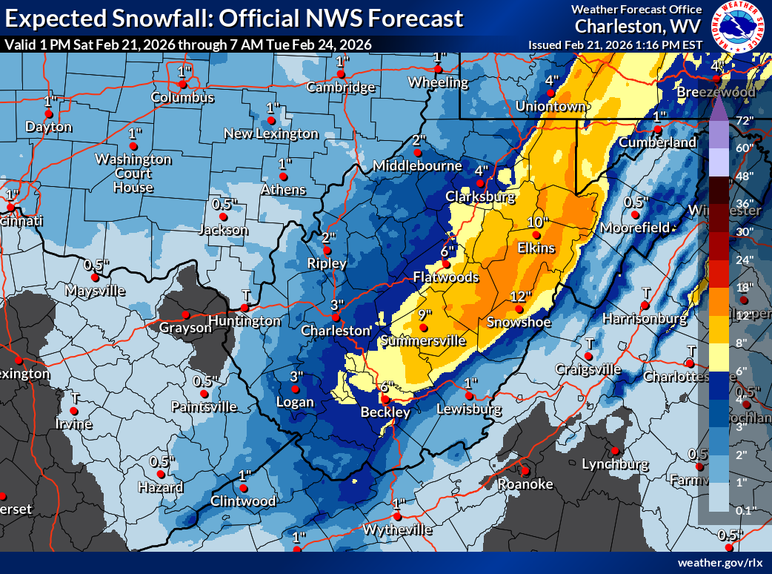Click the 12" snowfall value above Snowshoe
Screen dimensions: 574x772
point(521,297)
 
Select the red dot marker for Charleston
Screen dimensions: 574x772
point(335,318)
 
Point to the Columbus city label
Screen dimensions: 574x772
point(182,98)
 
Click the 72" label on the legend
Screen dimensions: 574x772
point(743,120)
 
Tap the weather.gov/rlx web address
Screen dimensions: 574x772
point(720,563)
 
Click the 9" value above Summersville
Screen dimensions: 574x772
point(425,315)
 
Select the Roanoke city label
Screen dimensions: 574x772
point(525,484)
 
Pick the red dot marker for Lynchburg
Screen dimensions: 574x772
point(614,451)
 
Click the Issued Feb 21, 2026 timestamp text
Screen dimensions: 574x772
point(614,44)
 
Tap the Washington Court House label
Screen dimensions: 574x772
point(133,174)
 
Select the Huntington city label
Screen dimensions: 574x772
point(244,321)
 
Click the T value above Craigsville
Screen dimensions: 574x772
point(590,343)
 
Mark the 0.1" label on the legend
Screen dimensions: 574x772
point(743,509)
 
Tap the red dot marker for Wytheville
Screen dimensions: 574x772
point(397,516)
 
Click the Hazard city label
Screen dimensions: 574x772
point(160,487)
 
